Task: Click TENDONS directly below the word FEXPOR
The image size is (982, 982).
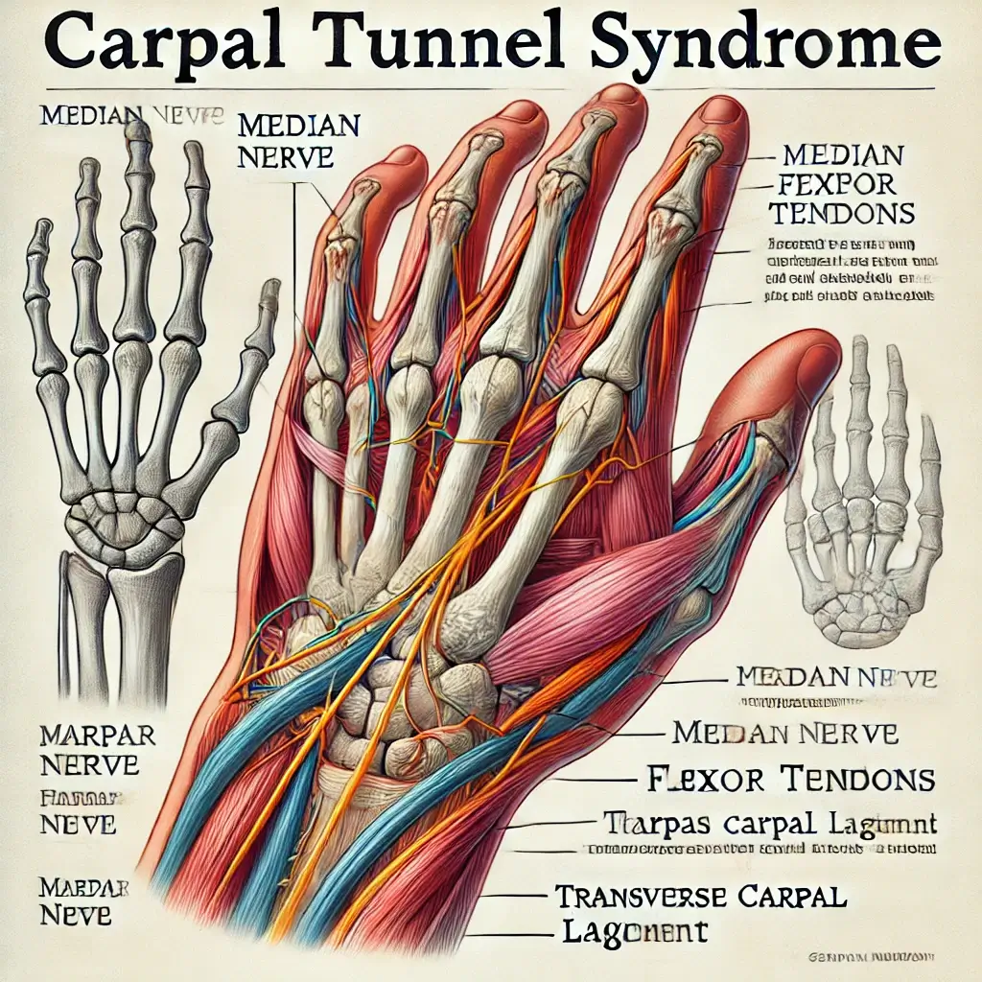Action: (x=843, y=212)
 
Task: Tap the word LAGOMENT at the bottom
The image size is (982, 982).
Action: (x=632, y=931)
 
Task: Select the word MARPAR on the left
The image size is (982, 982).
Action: (x=87, y=737)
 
